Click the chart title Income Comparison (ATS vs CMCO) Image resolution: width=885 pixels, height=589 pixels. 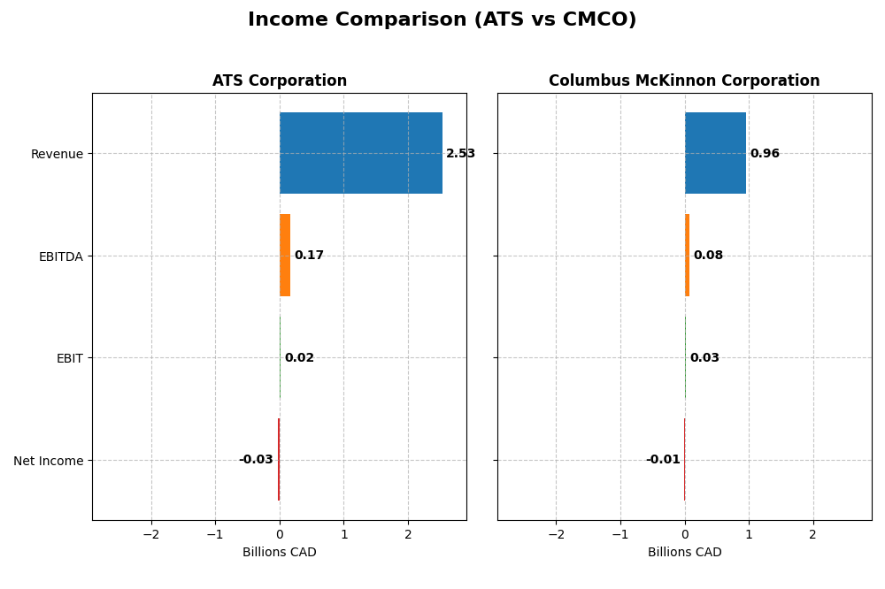click(x=442, y=19)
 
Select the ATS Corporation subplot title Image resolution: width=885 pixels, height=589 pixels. click(x=280, y=80)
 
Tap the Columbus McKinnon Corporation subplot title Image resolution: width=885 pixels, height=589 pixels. click(x=684, y=80)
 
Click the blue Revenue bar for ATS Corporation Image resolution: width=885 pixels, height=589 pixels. click(x=361, y=153)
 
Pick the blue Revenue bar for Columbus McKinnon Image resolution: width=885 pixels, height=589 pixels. click(x=715, y=153)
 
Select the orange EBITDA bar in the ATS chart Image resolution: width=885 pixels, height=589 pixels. click(x=285, y=256)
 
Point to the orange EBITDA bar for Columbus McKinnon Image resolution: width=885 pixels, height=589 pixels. click(x=687, y=256)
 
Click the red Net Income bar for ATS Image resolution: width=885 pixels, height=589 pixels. click(x=279, y=460)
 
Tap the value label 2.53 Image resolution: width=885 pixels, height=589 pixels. click(x=460, y=154)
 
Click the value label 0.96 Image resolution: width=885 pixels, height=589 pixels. click(x=765, y=154)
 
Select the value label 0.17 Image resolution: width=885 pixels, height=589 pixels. click(x=309, y=256)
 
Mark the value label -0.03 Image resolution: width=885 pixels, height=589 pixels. click(x=256, y=460)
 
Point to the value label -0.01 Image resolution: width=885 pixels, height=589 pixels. click(x=663, y=460)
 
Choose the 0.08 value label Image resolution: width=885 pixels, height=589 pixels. click(x=708, y=256)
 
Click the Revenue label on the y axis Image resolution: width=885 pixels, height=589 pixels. click(x=57, y=154)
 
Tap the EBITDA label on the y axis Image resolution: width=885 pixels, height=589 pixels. click(x=60, y=256)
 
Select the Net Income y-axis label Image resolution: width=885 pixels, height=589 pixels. click(x=49, y=461)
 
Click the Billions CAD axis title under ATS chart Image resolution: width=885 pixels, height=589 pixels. click(x=280, y=553)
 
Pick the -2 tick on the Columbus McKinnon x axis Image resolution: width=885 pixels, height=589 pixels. click(x=556, y=534)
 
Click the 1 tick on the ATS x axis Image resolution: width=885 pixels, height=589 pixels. click(x=344, y=534)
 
